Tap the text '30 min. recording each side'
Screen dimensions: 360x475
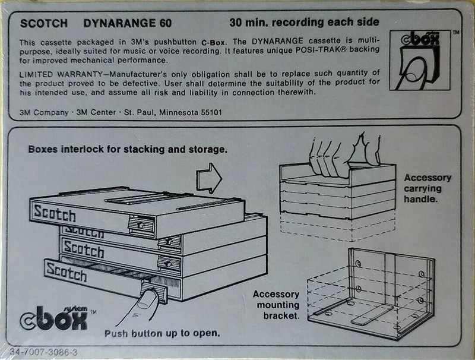(x=304, y=24)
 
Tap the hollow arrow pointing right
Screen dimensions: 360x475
(x=208, y=177)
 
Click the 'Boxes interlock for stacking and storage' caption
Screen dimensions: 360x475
(x=128, y=149)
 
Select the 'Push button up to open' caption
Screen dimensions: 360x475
(x=162, y=333)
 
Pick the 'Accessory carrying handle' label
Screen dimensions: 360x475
(x=427, y=189)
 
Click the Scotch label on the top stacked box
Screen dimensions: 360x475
(x=55, y=212)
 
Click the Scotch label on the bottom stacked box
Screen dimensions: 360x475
(x=66, y=273)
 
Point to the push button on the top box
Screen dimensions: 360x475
(x=141, y=225)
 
